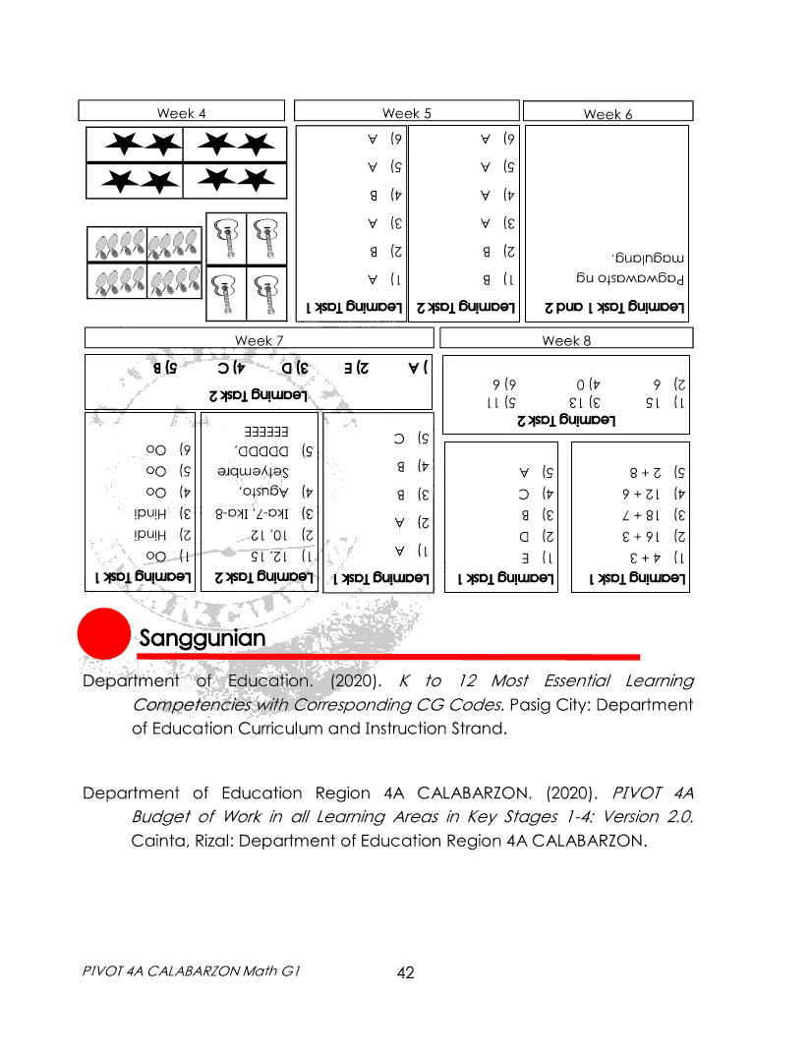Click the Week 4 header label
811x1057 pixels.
point(181,113)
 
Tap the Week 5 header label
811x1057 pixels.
point(407,113)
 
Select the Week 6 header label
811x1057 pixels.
point(608,114)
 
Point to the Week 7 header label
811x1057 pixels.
point(260,340)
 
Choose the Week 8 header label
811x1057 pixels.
point(567,340)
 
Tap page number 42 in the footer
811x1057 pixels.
point(405,972)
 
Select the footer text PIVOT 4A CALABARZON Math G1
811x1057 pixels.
point(191,970)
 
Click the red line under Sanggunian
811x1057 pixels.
point(388,656)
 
